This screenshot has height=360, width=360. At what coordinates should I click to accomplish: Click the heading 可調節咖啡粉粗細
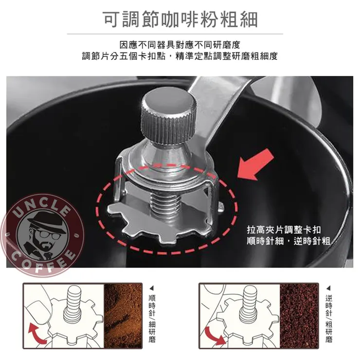180,19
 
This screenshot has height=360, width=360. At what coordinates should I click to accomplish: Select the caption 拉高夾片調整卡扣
284,230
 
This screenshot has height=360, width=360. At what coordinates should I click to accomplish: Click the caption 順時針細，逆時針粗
288,241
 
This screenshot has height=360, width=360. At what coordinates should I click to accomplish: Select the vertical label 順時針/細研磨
152,316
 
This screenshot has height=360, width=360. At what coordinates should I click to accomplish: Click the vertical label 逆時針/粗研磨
329,316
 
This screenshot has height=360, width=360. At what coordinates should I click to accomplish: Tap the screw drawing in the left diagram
73,304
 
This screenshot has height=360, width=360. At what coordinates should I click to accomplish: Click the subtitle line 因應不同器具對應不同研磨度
180,45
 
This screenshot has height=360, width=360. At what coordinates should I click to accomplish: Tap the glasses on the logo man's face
50,234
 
